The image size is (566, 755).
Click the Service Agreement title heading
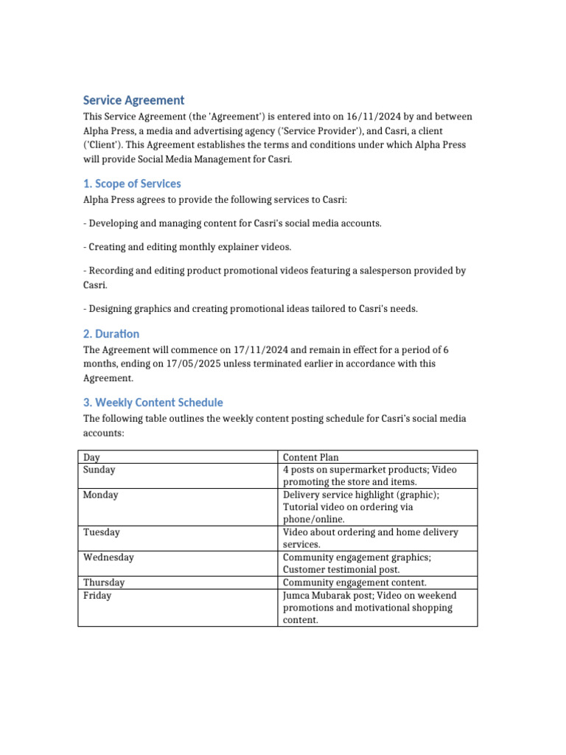[x=133, y=100]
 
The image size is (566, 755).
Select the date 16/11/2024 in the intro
[x=332, y=117]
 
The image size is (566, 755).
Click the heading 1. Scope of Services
[x=132, y=184]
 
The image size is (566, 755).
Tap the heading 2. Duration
[x=111, y=334]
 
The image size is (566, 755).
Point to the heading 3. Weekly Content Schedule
[x=153, y=403]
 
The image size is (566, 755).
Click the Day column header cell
[x=91, y=457]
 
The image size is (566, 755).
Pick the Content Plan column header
[x=311, y=457]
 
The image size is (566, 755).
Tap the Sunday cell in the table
[x=99, y=470]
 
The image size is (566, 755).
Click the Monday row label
[x=100, y=495]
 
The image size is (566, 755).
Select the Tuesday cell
[x=101, y=532]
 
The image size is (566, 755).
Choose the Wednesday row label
[x=108, y=558]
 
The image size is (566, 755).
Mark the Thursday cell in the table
[x=104, y=582]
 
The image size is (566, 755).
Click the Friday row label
[x=97, y=596]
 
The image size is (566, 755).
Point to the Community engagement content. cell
[x=354, y=582]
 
